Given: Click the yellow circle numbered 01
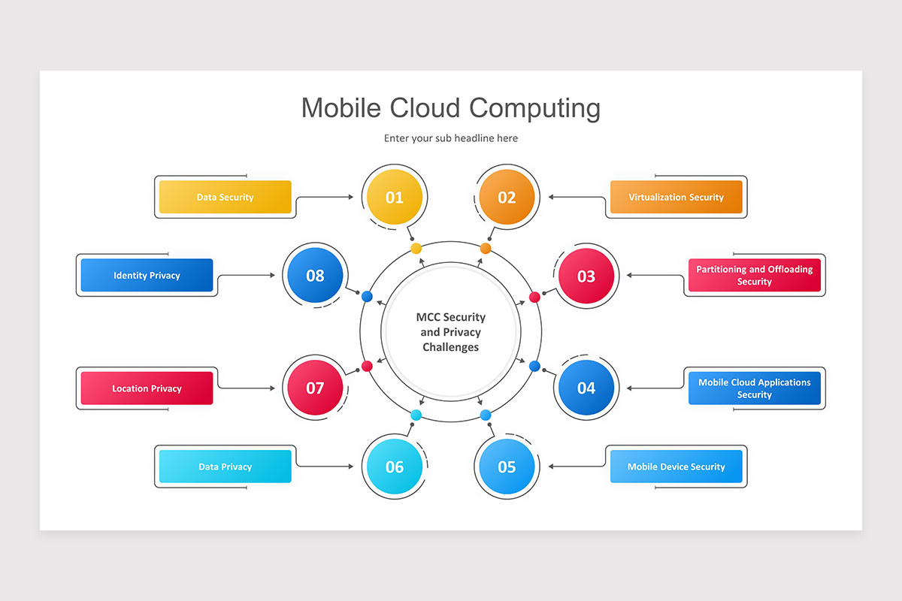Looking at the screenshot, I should point(394,198).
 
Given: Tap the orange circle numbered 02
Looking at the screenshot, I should point(507,198).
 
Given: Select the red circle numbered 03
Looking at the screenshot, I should point(586,276).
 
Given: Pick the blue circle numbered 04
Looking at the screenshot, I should point(586,388).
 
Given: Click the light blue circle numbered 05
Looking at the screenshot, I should point(507,467).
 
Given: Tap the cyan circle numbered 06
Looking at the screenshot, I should point(394,467).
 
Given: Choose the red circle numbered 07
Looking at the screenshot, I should point(315,388).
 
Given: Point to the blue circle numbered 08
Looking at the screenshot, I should point(315,276).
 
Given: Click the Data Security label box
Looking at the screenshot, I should point(225,197).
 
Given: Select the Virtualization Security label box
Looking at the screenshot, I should point(676,197).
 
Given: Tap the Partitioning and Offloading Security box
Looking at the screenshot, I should point(754,275).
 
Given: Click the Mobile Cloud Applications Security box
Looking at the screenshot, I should point(754,388).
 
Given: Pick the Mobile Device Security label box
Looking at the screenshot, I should point(676,467).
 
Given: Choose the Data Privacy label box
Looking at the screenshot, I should point(225,467).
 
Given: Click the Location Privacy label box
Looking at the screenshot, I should point(147,388).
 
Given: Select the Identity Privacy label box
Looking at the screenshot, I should point(147,275).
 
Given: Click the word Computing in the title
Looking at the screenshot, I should point(534,108).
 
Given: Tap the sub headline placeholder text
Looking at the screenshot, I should point(450,138).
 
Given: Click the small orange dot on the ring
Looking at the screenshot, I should point(486,248).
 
